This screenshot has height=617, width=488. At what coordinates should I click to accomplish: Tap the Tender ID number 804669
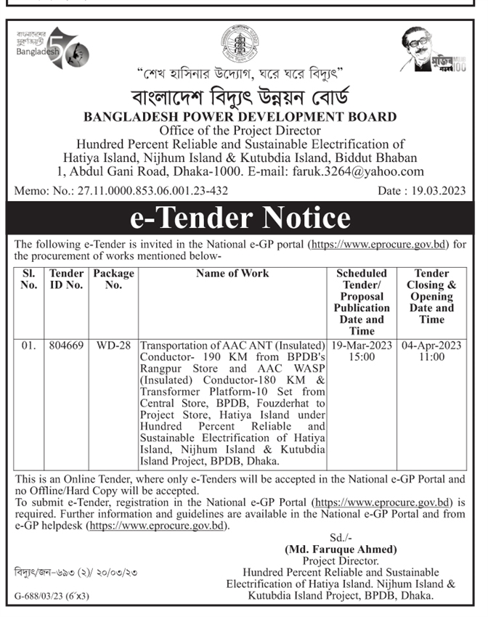[x=66, y=346]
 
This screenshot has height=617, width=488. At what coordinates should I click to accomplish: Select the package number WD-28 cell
[x=114, y=346]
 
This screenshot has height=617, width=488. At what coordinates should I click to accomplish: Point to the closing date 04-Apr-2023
[x=431, y=346]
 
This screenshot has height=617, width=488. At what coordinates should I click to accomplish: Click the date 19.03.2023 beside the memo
[x=434, y=190]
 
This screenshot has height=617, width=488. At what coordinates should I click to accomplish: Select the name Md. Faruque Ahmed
[x=341, y=549]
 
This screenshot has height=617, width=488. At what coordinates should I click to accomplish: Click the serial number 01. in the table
[x=28, y=346]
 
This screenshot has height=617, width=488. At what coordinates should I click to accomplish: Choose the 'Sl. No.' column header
[x=28, y=279]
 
